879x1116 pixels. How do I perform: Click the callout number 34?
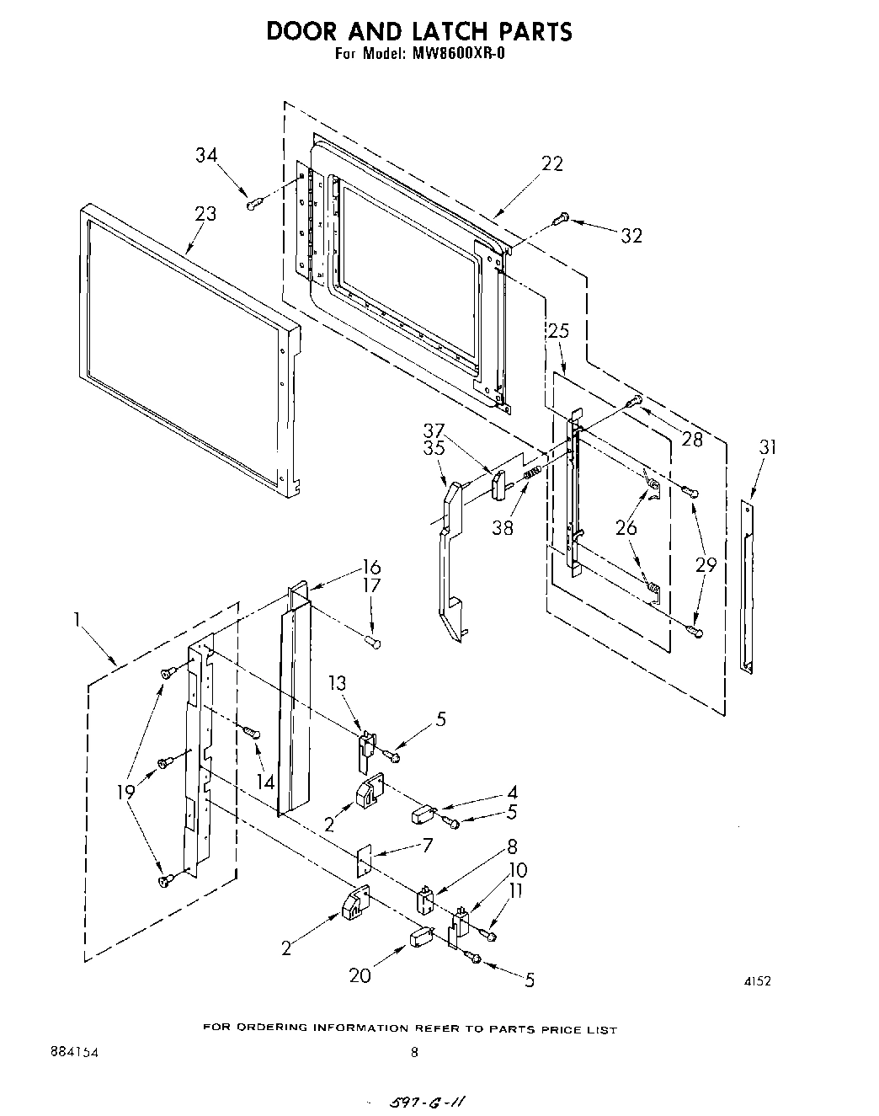coord(206,156)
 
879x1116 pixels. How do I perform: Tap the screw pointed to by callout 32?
coord(562,218)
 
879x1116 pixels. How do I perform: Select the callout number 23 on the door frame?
coord(205,214)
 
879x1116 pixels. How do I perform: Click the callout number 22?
coord(551,163)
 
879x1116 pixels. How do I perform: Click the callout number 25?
coord(558,331)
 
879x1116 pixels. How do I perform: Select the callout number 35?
coord(434,448)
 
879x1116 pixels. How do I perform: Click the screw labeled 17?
coord(374,643)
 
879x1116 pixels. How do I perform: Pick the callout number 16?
coord(371,566)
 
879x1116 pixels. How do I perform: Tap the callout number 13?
coord(338,683)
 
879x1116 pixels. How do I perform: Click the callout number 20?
coord(360,975)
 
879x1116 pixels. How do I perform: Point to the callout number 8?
coord(512,847)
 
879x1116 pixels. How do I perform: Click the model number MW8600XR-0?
coord(460,56)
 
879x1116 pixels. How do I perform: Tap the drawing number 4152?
coord(758,980)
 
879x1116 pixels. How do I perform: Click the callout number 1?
coord(77,621)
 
